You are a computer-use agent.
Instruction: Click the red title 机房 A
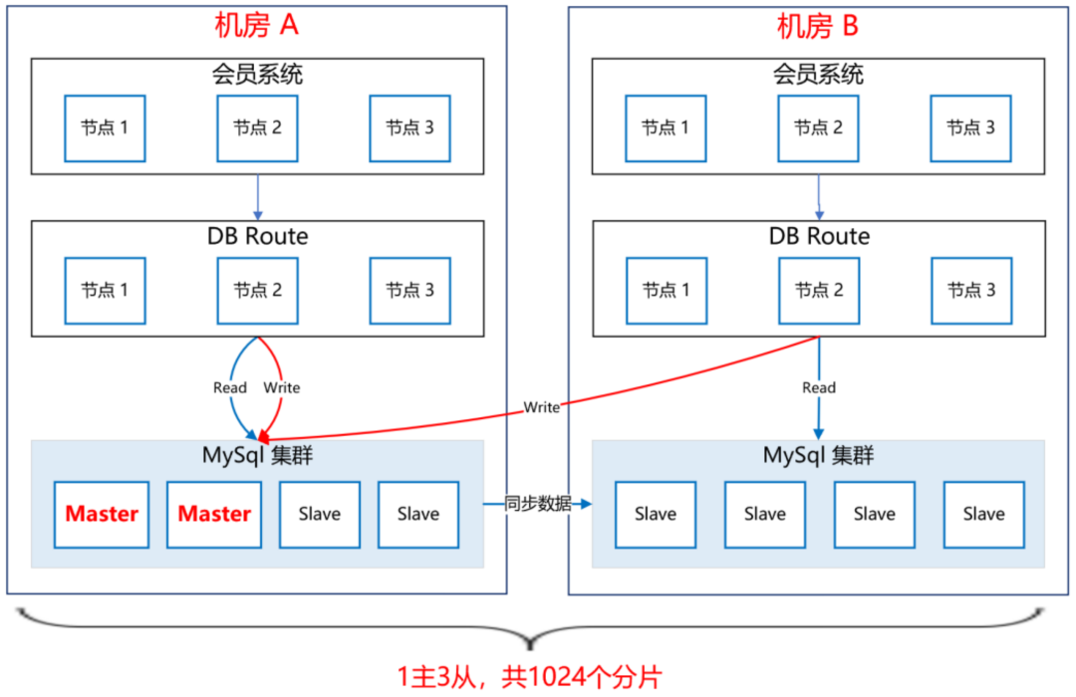256,26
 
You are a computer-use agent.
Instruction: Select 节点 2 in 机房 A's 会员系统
257,128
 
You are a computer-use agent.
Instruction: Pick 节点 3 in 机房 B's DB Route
970,291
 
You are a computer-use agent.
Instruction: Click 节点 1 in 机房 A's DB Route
105,291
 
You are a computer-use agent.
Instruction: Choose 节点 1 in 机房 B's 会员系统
666,128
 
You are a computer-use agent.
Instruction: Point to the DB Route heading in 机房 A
257,236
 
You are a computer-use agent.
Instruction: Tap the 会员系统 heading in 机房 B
818,74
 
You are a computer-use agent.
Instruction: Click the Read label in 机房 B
819,387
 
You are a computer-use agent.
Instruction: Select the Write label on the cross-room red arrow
542,407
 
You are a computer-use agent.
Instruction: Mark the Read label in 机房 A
230,387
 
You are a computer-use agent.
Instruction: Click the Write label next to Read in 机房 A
281,387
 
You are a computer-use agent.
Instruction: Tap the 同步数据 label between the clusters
538,504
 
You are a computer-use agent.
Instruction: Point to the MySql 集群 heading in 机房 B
818,455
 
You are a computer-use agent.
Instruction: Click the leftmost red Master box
102,515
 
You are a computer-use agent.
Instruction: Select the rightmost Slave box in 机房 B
983,515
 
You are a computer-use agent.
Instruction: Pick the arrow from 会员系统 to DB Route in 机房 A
257,196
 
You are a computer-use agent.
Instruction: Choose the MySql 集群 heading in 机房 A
257,455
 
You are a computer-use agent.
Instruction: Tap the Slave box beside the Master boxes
319,515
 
